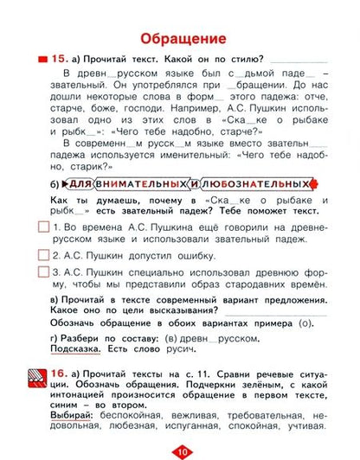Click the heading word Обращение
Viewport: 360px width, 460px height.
point(179,38)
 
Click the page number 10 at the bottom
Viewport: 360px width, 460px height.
point(180,451)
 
